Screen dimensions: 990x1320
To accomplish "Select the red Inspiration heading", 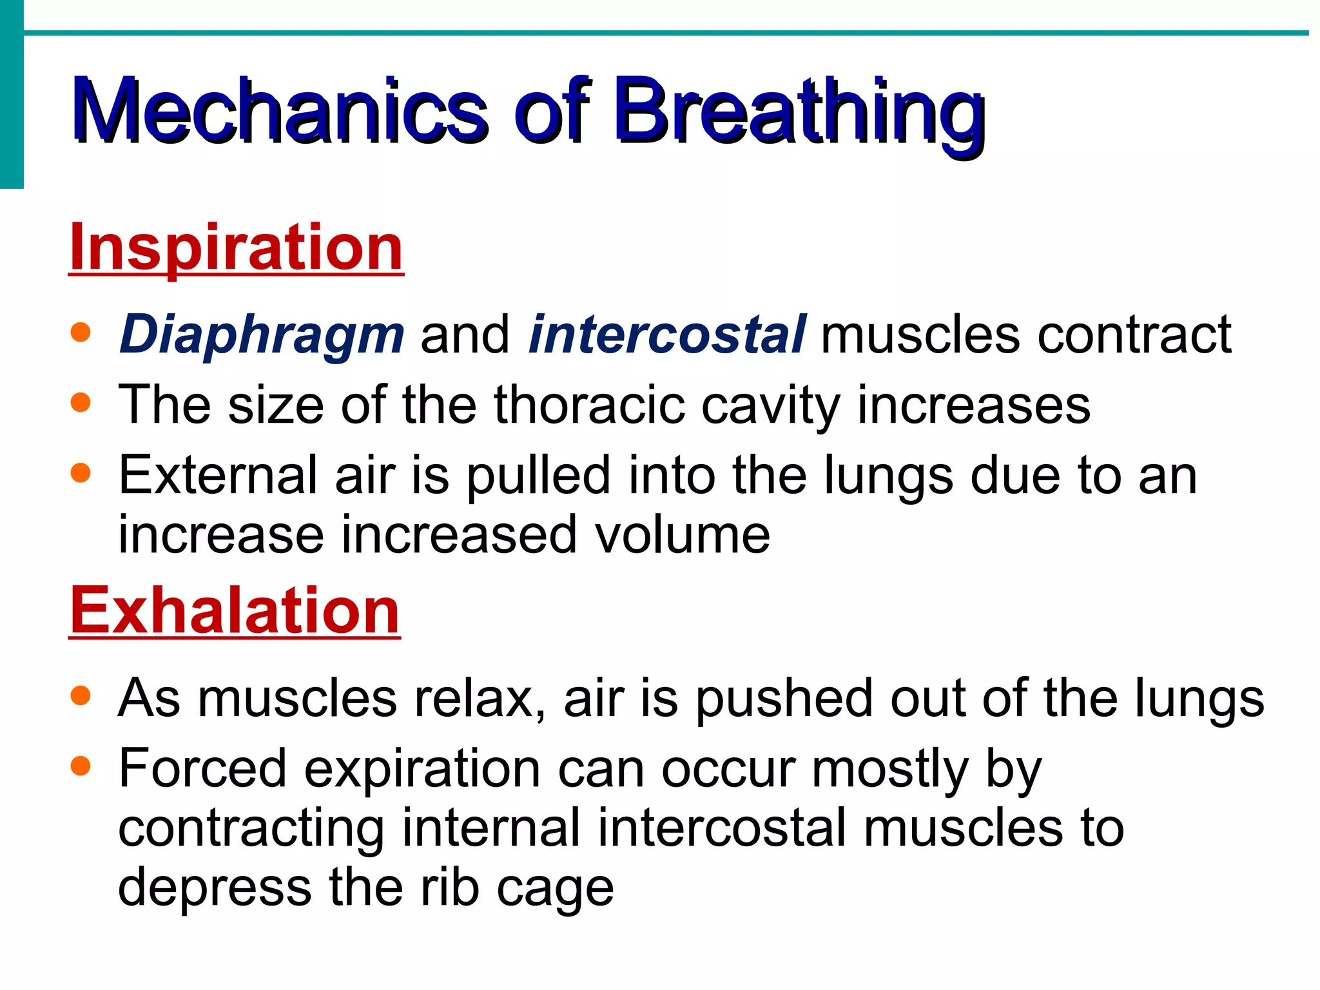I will tap(236, 247).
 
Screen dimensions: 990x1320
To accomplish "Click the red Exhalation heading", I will tap(235, 610).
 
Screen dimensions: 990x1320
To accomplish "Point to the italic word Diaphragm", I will tap(262, 335).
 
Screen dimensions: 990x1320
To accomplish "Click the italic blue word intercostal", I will tap(666, 335).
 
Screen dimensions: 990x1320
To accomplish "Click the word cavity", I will tap(771, 405).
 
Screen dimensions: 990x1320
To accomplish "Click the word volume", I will tap(682, 535).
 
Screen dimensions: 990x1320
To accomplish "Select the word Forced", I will tap(202, 768).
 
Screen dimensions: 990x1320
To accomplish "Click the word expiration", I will tap(422, 768).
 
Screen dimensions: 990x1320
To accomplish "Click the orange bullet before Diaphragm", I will tap(81, 333).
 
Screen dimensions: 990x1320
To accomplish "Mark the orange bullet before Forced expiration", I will tap(81, 766).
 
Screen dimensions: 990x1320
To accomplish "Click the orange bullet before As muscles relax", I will tap(81, 696).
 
